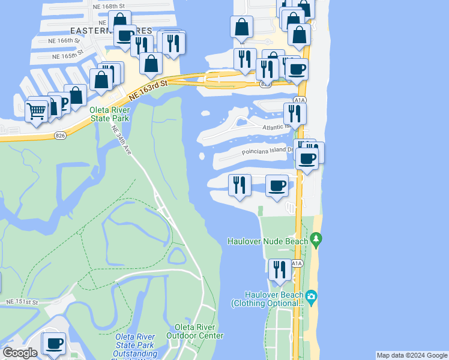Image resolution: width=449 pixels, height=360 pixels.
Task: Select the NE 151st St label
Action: (x=22, y=301)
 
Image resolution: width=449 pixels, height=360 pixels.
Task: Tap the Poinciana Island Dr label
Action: (x=268, y=152)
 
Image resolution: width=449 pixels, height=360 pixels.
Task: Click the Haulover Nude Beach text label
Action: (x=267, y=241)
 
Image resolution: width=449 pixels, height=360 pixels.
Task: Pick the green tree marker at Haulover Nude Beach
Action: (x=318, y=241)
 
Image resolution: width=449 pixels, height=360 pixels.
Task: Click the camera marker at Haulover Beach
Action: (x=311, y=296)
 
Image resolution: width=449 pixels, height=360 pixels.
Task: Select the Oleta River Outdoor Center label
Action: (x=199, y=331)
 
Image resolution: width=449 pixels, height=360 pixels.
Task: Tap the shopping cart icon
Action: (x=37, y=110)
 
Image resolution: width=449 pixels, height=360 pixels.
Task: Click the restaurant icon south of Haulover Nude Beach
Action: (x=279, y=270)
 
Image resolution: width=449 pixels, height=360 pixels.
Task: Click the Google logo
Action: (x=20, y=353)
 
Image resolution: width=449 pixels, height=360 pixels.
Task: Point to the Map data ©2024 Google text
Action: (x=412, y=355)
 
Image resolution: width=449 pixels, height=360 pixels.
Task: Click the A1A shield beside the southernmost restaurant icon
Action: (x=297, y=263)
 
